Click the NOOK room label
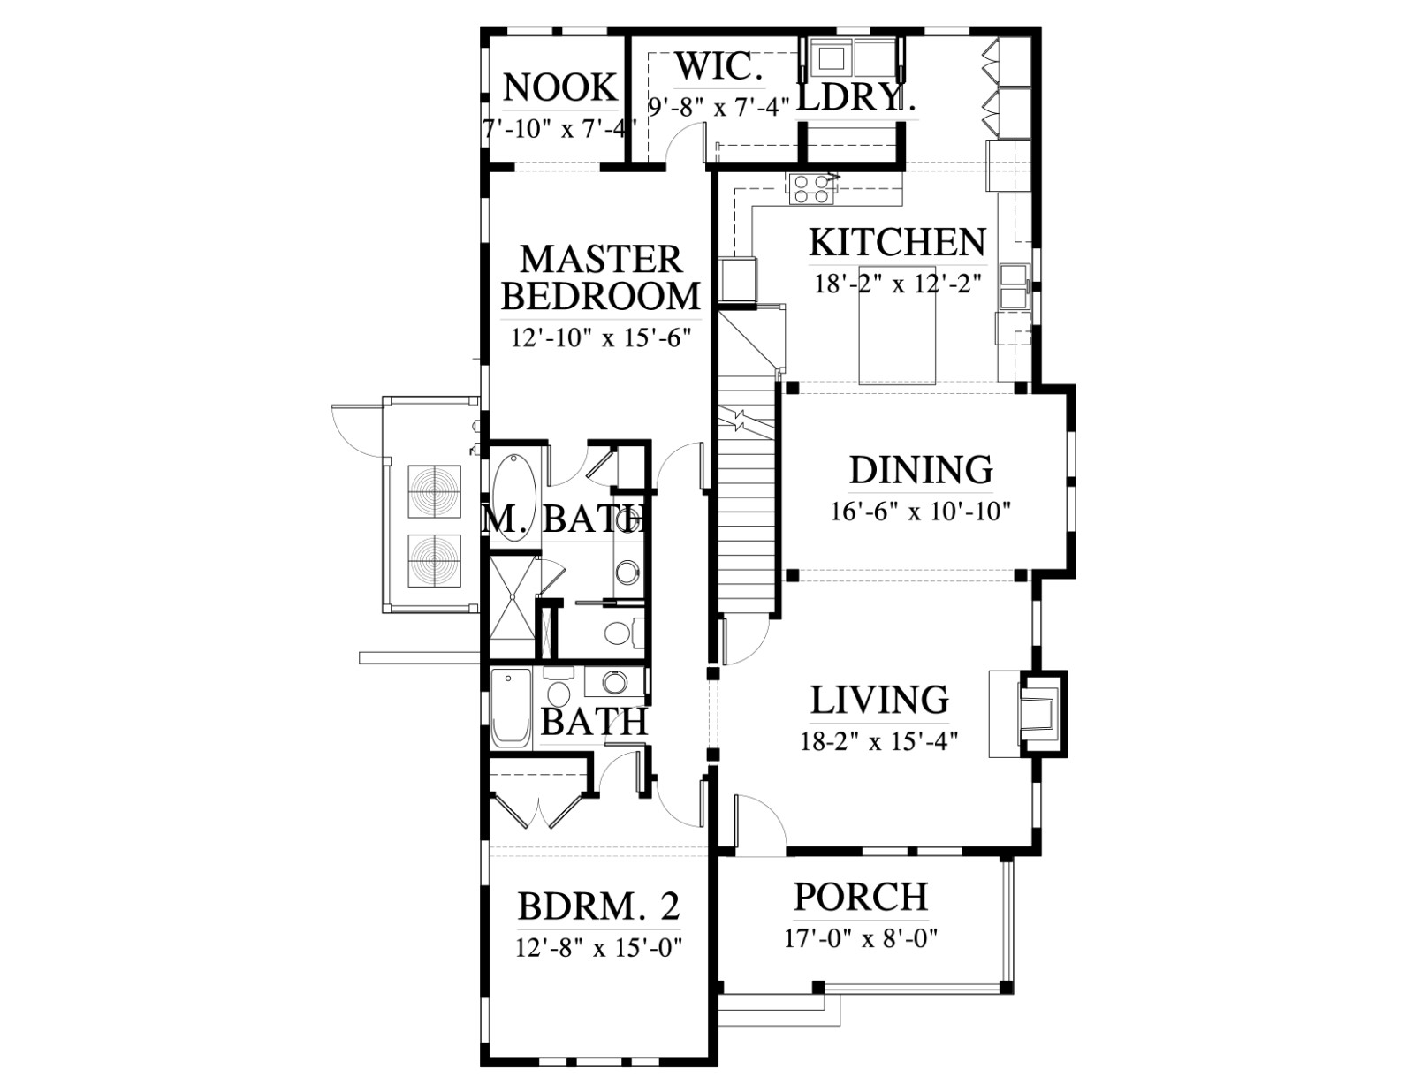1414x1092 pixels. (x=560, y=87)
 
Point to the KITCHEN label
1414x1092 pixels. (x=897, y=242)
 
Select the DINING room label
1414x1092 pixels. (x=921, y=470)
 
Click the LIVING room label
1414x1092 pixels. (x=879, y=699)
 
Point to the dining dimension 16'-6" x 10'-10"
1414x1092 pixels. (x=920, y=512)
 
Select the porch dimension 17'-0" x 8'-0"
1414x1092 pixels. (x=860, y=939)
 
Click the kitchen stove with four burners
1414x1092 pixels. (x=810, y=190)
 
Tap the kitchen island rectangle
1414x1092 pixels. (x=897, y=324)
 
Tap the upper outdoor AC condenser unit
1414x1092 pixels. (x=434, y=491)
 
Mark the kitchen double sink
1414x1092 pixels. (x=1014, y=284)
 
